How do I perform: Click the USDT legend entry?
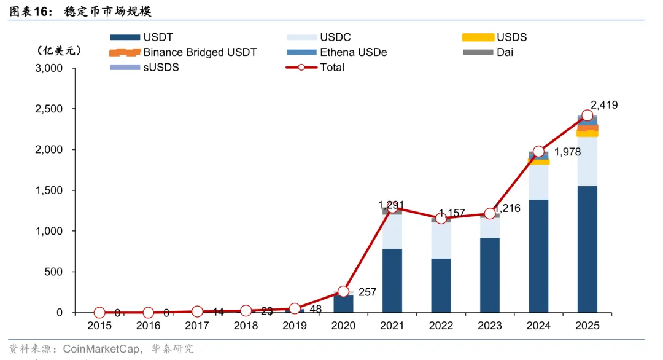[x=158, y=37]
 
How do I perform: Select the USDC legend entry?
[x=335, y=37]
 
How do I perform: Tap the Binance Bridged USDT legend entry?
[x=200, y=52]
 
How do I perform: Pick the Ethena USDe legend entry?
[x=353, y=52]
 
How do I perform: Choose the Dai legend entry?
[x=505, y=52]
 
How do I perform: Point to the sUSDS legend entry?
[x=161, y=68]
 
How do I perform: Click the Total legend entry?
[x=332, y=68]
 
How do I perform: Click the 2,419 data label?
[x=604, y=105]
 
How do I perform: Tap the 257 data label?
[x=367, y=292]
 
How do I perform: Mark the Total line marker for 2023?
[x=490, y=214]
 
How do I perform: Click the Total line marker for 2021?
[x=392, y=207]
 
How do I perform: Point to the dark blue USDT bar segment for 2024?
[x=538, y=256]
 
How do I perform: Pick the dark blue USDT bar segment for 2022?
[x=441, y=285]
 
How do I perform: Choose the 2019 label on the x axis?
[x=295, y=326]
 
